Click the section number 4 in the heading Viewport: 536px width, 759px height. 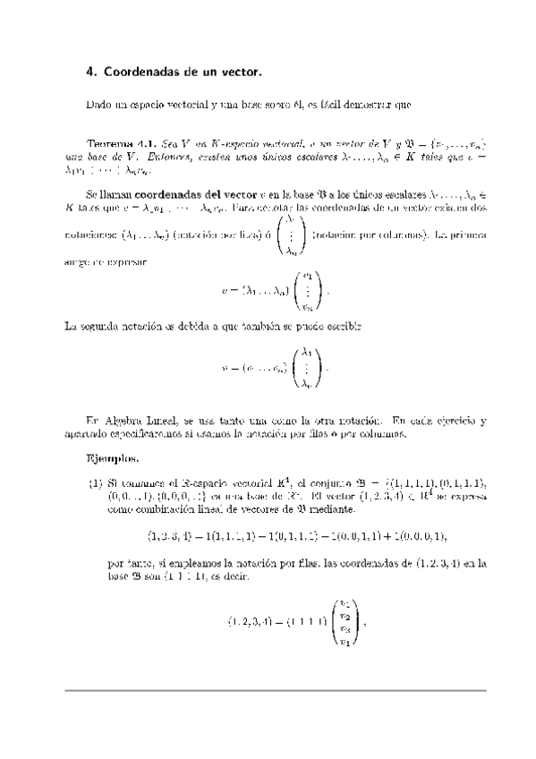(x=90, y=70)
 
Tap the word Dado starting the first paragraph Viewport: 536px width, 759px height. (x=98, y=105)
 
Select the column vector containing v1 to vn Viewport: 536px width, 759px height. (x=306, y=290)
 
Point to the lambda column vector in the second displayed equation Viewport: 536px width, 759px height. (x=305, y=366)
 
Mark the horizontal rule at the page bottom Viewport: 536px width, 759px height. (x=268, y=690)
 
